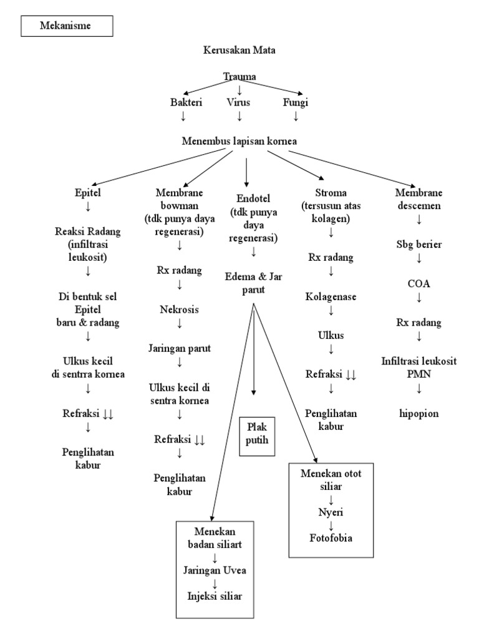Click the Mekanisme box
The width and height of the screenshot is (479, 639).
pyautogui.click(x=67, y=26)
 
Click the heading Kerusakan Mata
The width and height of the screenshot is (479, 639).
pyautogui.click(x=239, y=51)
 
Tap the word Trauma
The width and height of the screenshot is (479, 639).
pyautogui.click(x=239, y=77)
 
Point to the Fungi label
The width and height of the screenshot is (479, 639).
pyautogui.click(x=296, y=102)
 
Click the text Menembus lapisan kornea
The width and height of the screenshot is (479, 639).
pyautogui.click(x=239, y=140)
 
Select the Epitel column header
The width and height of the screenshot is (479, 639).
pyautogui.click(x=87, y=193)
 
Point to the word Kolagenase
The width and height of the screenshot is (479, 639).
pyautogui.click(x=331, y=297)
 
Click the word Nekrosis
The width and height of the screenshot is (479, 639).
pyautogui.click(x=180, y=309)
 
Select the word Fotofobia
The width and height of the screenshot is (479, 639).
pyautogui.click(x=331, y=537)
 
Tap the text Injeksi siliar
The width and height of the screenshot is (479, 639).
pyautogui.click(x=215, y=595)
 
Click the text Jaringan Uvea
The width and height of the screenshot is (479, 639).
pyautogui.click(x=215, y=570)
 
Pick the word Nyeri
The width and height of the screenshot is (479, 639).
pyautogui.click(x=331, y=512)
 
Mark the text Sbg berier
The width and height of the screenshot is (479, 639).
pyautogui.click(x=419, y=244)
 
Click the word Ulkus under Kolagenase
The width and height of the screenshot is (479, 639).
pyautogui.click(x=331, y=336)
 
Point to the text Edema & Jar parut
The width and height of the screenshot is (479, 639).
pyautogui.click(x=253, y=281)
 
